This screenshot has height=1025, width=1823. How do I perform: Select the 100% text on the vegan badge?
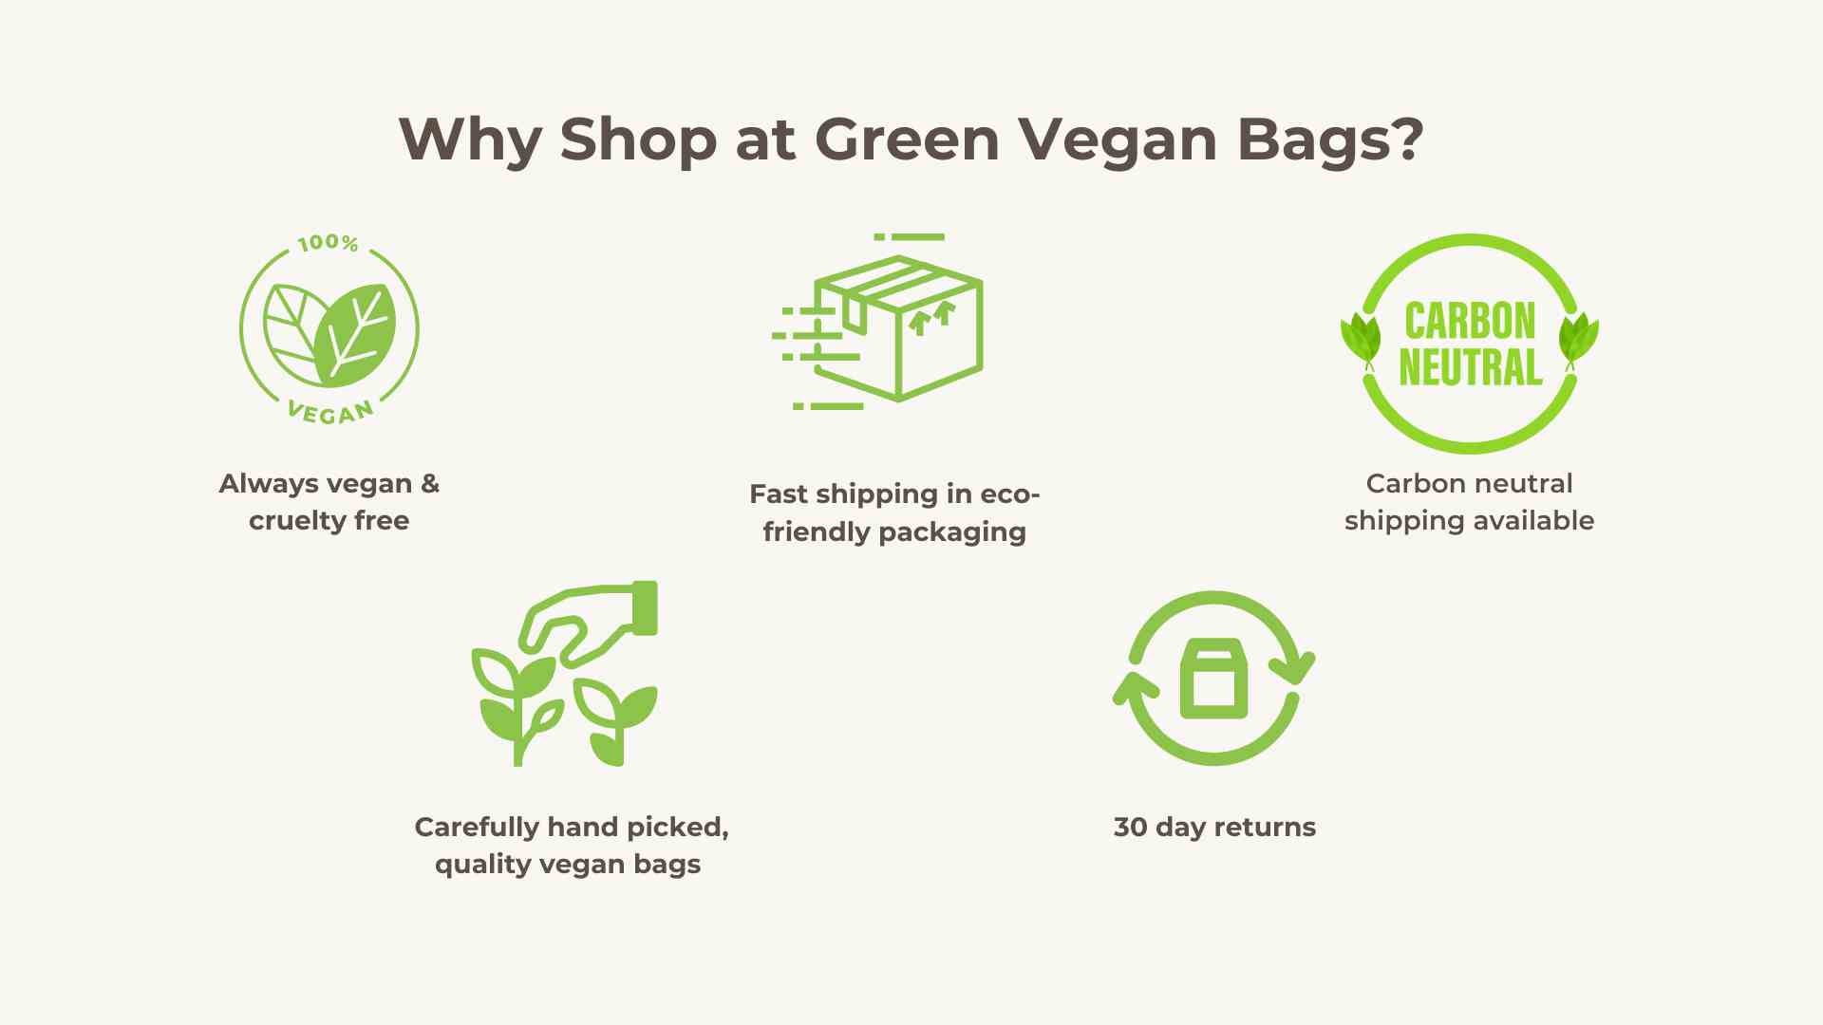click(328, 243)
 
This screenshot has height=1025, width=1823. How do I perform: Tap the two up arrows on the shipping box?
click(930, 318)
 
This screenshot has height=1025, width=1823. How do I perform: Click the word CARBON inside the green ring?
click(1470, 321)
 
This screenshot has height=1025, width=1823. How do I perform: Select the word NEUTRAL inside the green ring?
click(1470, 367)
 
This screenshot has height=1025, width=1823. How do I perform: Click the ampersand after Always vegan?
click(430, 483)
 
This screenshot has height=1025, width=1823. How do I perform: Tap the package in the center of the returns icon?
click(1213, 679)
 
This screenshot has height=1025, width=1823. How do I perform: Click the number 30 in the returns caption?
click(1130, 828)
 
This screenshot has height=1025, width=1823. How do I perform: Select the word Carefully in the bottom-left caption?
click(477, 828)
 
